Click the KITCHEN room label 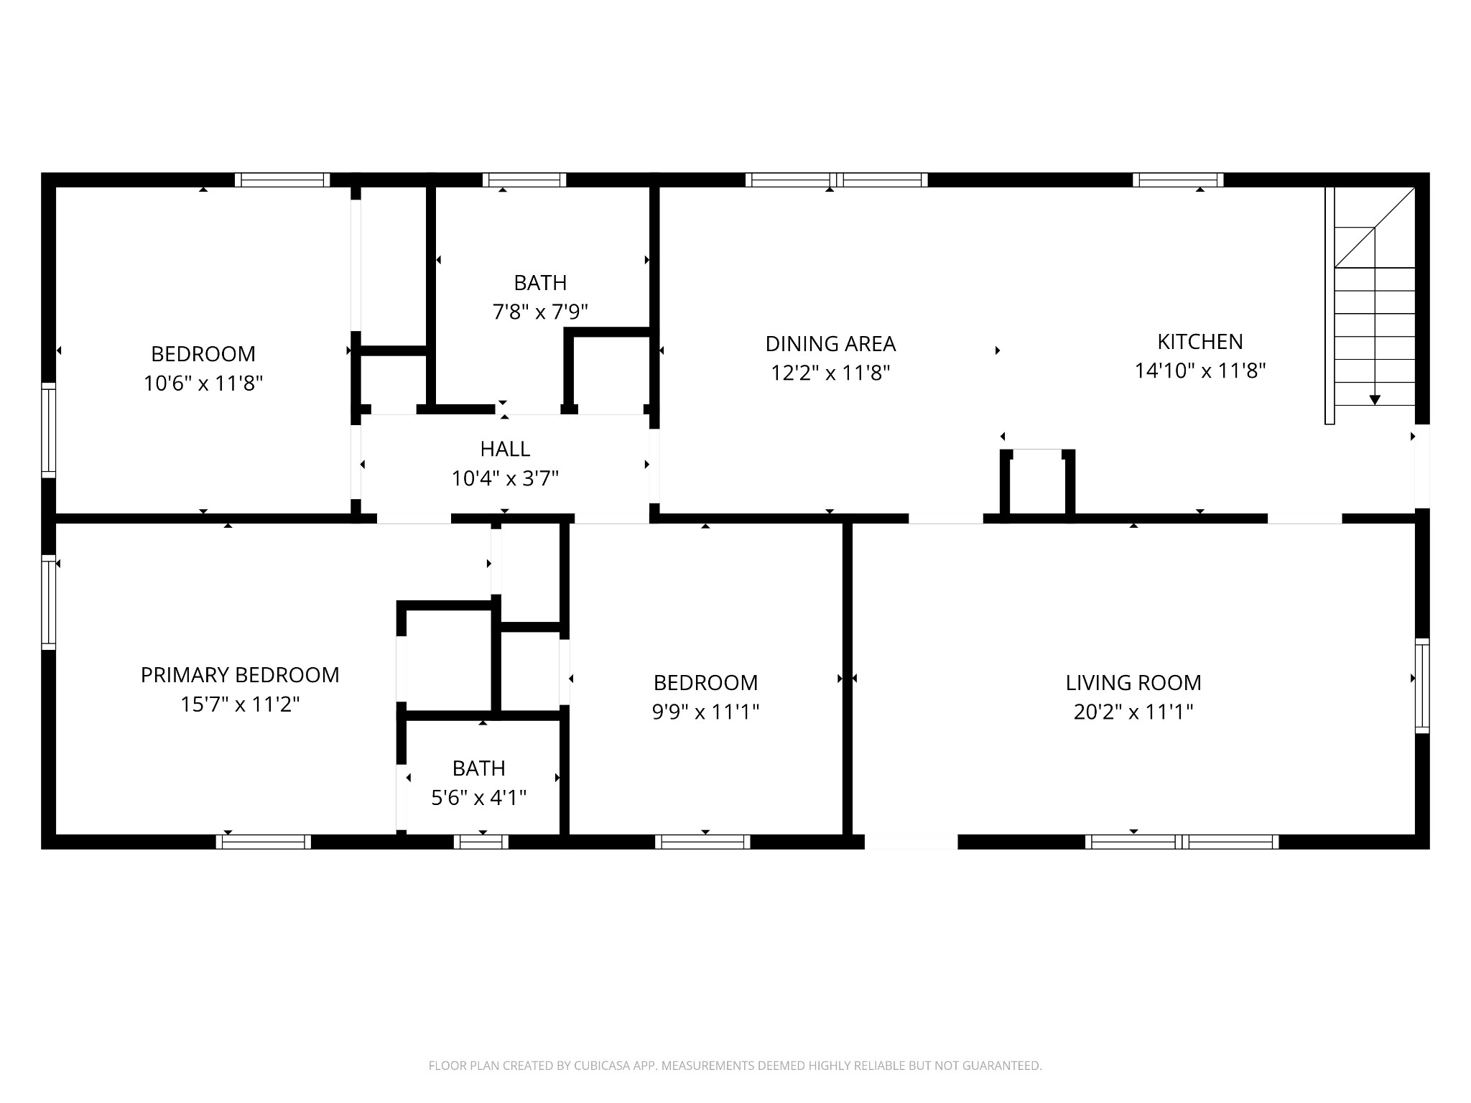[1199, 342]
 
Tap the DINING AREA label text [830, 344]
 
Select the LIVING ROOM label [1133, 683]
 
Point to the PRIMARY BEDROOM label [240, 675]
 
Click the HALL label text [505, 449]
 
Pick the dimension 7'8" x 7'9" [540, 312]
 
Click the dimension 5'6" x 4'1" [478, 798]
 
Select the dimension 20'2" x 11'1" [1133, 712]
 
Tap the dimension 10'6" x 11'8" [203, 383]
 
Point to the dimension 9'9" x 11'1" [705, 712]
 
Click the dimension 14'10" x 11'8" [1199, 371]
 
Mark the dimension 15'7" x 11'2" [240, 704]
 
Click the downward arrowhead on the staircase [1375, 400]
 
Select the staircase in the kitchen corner [1370, 305]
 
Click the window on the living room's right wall [1422, 686]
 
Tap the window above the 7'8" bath [524, 180]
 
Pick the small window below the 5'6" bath [481, 842]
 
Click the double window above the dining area [837, 180]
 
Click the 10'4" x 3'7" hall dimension [505, 478]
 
